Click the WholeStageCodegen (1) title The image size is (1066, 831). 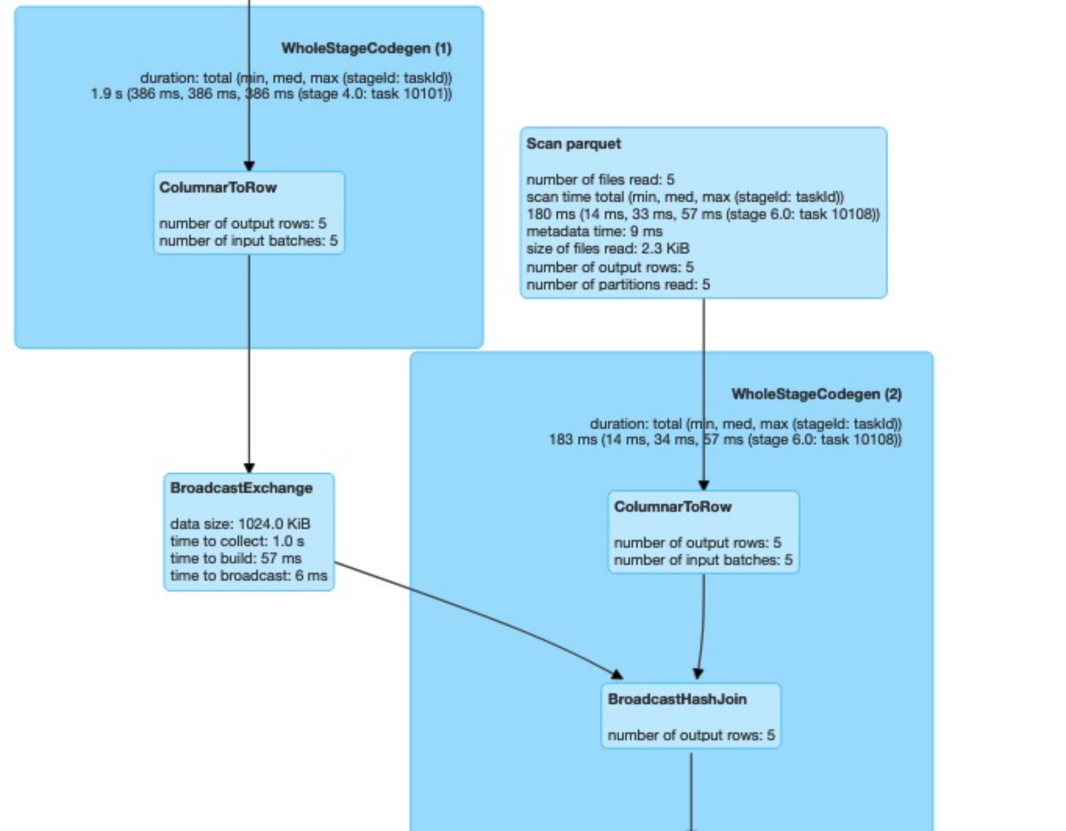click(x=366, y=48)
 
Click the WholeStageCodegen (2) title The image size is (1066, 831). click(x=816, y=394)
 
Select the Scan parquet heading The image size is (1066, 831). click(x=573, y=144)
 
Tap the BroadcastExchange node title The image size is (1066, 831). click(x=241, y=488)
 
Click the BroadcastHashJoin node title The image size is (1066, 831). click(x=677, y=699)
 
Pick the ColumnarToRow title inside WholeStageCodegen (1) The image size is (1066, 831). click(x=218, y=188)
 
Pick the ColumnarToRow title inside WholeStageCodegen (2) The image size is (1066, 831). click(x=672, y=507)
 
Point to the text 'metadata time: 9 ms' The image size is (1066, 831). click(x=594, y=231)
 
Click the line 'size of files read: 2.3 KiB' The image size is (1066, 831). click(x=607, y=249)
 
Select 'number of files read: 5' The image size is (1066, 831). click(x=600, y=179)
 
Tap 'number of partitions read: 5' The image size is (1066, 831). click(x=617, y=285)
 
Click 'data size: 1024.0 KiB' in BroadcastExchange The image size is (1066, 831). click(x=240, y=524)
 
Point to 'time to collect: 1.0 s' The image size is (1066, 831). click(x=237, y=541)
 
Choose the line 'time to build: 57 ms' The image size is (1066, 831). click(x=235, y=559)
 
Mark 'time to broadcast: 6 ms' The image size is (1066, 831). click(x=248, y=576)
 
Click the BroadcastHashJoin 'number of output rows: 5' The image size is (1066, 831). click(x=691, y=735)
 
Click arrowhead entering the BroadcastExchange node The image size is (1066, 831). click(x=249, y=467)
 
